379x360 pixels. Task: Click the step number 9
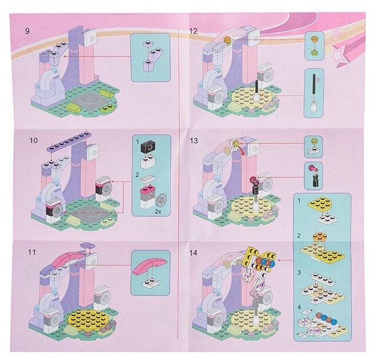pyautogui.click(x=27, y=31)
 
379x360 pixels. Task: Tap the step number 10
pyautogui.click(x=33, y=140)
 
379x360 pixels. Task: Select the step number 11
pyautogui.click(x=32, y=252)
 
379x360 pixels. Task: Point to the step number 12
pyautogui.click(x=194, y=31)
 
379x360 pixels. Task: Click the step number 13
pyautogui.click(x=194, y=140)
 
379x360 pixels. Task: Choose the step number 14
pyautogui.click(x=194, y=253)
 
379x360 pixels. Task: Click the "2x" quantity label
pyautogui.click(x=158, y=211)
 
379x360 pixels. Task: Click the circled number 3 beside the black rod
pyautogui.click(x=318, y=79)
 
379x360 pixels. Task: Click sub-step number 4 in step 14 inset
pyautogui.click(x=299, y=307)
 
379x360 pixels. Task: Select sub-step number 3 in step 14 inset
pyautogui.click(x=299, y=273)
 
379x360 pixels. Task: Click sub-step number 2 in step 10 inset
pyautogui.click(x=137, y=175)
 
